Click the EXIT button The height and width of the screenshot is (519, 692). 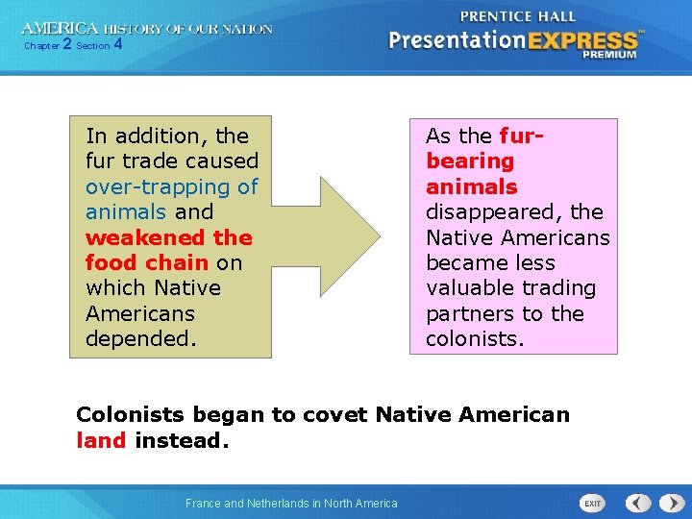[593, 503]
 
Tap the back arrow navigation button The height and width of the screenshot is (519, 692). [638, 503]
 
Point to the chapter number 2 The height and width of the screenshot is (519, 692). [66, 44]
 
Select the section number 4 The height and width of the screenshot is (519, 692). [117, 44]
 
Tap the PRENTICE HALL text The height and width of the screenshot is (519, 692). [518, 15]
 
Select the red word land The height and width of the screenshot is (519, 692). [101, 440]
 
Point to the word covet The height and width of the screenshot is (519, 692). [335, 415]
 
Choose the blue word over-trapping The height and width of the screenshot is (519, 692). [145, 186]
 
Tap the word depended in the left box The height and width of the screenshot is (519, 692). [139, 338]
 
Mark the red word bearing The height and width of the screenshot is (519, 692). [470, 161]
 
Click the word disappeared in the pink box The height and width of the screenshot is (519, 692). [495, 211]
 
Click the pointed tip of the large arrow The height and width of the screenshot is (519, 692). [380, 236]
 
